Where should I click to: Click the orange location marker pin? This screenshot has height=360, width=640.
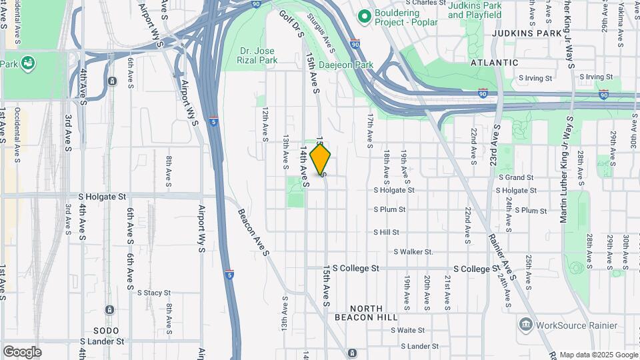tap(321, 160)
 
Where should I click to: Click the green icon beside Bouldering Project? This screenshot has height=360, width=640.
tap(364, 15)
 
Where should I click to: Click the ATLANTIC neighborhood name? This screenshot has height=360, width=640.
tap(494, 62)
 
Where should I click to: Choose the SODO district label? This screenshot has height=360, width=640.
tap(105, 331)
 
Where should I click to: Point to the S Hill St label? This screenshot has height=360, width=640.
tap(386, 232)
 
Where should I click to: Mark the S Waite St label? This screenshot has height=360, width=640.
tap(407, 330)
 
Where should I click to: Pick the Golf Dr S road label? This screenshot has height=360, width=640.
tap(292, 23)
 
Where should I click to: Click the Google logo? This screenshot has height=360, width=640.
tap(22, 352)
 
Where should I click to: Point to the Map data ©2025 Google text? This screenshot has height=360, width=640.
tap(598, 355)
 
